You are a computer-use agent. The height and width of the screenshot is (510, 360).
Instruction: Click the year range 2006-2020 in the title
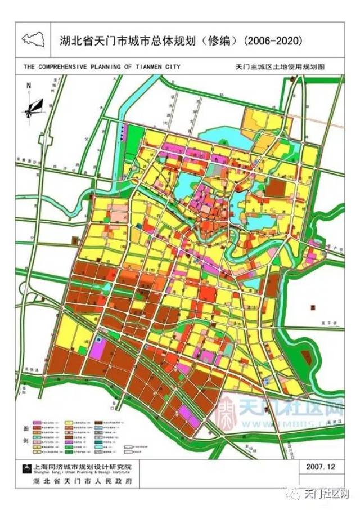click(x=277, y=41)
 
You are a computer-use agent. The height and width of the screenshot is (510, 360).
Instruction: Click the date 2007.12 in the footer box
click(x=321, y=467)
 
